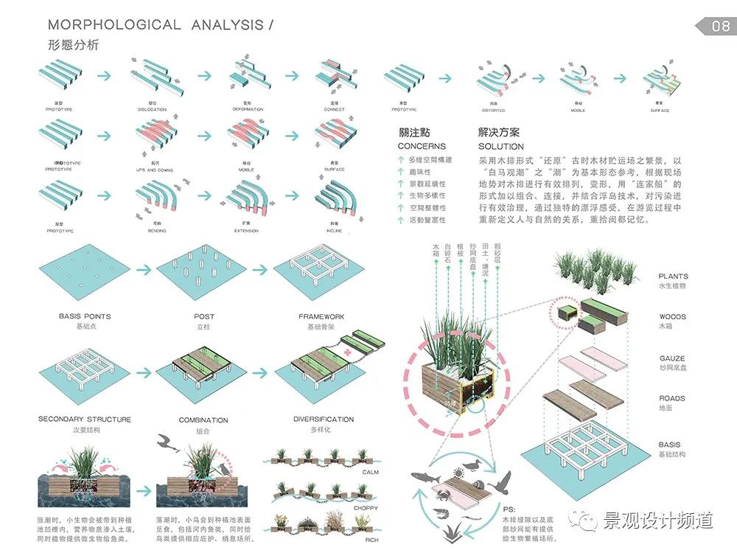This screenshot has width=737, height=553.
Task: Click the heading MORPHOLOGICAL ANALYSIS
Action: (150, 24)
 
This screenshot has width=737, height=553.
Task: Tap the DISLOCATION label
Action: (152, 110)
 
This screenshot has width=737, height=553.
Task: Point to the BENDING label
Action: (157, 231)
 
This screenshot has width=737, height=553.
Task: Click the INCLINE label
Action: (334, 231)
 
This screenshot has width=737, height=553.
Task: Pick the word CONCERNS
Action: (422, 146)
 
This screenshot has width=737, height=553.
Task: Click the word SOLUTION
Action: (501, 146)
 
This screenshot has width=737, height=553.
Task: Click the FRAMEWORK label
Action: (321, 316)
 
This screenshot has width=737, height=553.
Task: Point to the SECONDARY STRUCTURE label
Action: (85, 419)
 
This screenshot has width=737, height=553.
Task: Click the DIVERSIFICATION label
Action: (324, 419)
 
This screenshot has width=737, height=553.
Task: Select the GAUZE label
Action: (672, 358)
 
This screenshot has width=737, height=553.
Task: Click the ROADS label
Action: (672, 398)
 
